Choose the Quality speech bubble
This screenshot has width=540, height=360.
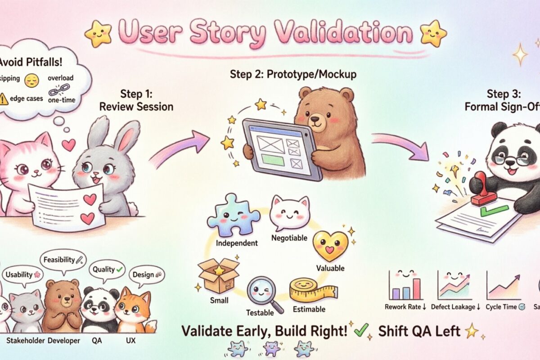(x=107, y=270)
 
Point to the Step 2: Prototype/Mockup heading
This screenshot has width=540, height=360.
(x=293, y=74)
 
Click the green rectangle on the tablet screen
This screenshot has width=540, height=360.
(x=272, y=159)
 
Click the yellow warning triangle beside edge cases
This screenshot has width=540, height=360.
(x=4, y=99)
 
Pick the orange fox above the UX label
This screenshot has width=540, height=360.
(x=133, y=310)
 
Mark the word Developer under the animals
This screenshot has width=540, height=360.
(x=63, y=341)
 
